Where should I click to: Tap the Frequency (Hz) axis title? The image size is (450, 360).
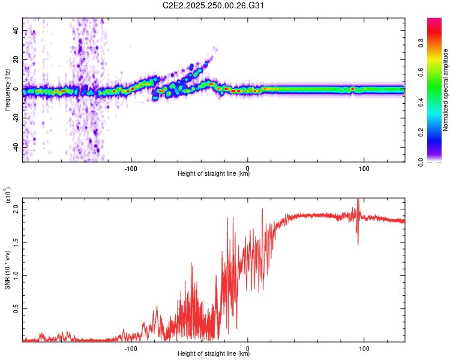pos(7,90)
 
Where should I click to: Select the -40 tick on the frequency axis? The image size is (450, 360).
pos(15,147)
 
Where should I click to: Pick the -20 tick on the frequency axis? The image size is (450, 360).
pos(15,118)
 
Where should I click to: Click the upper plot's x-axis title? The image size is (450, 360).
pos(214,173)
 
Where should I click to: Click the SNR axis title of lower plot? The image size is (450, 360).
pos(7,268)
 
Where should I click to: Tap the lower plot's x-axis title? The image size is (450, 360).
pos(214,353)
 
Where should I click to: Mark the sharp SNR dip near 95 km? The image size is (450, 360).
pos(358,243)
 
